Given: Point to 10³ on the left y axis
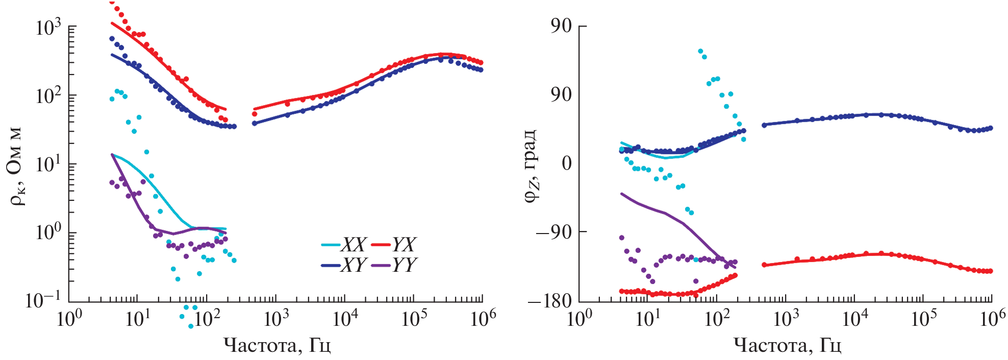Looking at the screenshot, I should (48, 27).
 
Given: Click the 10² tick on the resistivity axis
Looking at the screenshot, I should (48, 95).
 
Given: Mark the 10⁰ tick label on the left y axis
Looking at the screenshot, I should (48, 233).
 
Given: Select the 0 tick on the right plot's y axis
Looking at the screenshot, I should (566, 163).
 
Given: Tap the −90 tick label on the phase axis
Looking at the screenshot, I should (554, 232).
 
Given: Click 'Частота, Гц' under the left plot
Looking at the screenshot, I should (277, 346).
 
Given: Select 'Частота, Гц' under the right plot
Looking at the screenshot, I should (787, 346).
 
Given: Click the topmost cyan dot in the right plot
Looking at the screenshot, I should (700, 52).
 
